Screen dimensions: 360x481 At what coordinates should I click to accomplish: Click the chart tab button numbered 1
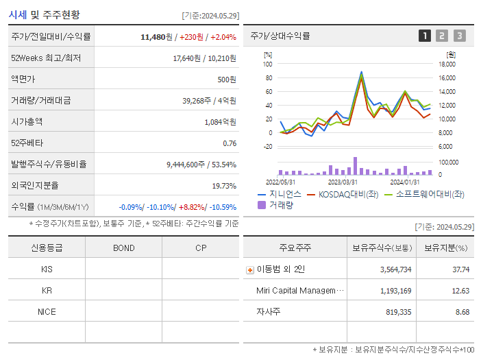(425, 36)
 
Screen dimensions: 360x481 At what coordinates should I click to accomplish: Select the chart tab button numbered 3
(459, 36)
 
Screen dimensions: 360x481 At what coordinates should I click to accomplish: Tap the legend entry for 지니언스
(279, 195)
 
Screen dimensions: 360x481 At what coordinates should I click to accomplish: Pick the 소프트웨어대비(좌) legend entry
(425, 195)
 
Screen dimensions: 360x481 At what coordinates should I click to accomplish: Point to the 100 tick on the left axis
(268, 64)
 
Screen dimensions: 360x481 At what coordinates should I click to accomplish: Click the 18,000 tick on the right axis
(446, 64)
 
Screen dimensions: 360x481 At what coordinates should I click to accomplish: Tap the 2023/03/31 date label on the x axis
(343, 182)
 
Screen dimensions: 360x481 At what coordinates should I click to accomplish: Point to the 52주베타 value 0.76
(230, 143)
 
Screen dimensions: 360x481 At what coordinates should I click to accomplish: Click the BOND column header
(123, 248)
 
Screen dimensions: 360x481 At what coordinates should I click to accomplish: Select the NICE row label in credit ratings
(47, 311)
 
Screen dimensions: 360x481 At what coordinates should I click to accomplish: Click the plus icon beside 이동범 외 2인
(249, 270)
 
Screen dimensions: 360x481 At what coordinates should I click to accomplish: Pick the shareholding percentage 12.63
(461, 291)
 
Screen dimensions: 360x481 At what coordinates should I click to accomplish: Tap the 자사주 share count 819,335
(395, 312)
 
